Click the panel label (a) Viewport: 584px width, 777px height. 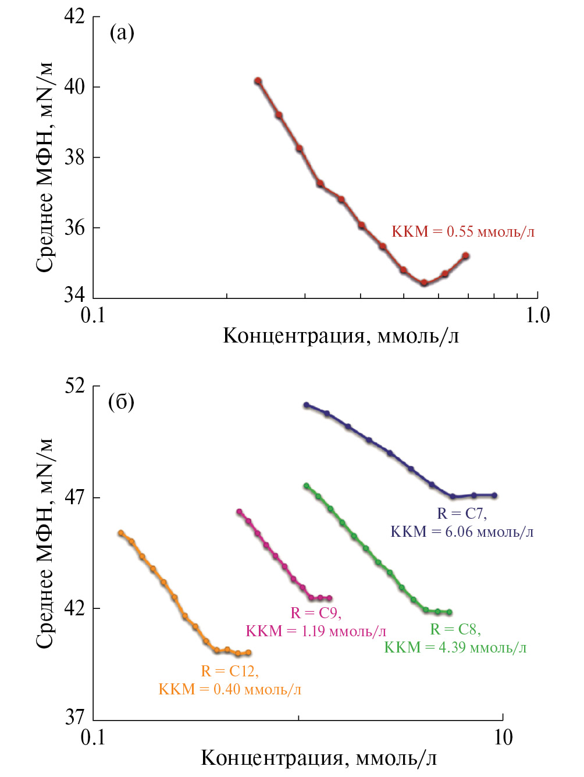tap(122, 33)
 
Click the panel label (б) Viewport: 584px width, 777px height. tap(121, 402)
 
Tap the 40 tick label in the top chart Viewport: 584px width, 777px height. tap(74, 87)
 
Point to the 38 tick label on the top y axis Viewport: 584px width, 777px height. tap(74, 157)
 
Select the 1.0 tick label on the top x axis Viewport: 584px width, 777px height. tap(537, 315)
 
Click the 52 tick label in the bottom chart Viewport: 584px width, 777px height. tap(74, 386)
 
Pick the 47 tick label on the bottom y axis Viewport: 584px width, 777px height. tap(74, 497)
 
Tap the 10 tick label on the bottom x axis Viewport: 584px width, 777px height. tap(503, 737)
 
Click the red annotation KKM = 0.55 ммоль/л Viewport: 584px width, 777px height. tap(463, 231)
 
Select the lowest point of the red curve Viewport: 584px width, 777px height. tap(424, 283)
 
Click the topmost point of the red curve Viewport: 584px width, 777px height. tap(258, 81)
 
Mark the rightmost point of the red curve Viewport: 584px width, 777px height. tap(465, 256)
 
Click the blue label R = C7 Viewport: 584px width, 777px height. tap(462, 514)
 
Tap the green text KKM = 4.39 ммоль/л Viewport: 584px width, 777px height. tap(455, 647)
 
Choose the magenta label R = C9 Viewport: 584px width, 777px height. tap(316, 613)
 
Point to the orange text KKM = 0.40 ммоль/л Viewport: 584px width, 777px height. tap(230, 689)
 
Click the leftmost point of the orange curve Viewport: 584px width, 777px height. tap(121, 533)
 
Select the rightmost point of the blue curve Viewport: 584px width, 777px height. tap(494, 496)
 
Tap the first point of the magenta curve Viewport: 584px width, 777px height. tap(239, 512)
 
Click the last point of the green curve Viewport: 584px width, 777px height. tap(449, 612)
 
